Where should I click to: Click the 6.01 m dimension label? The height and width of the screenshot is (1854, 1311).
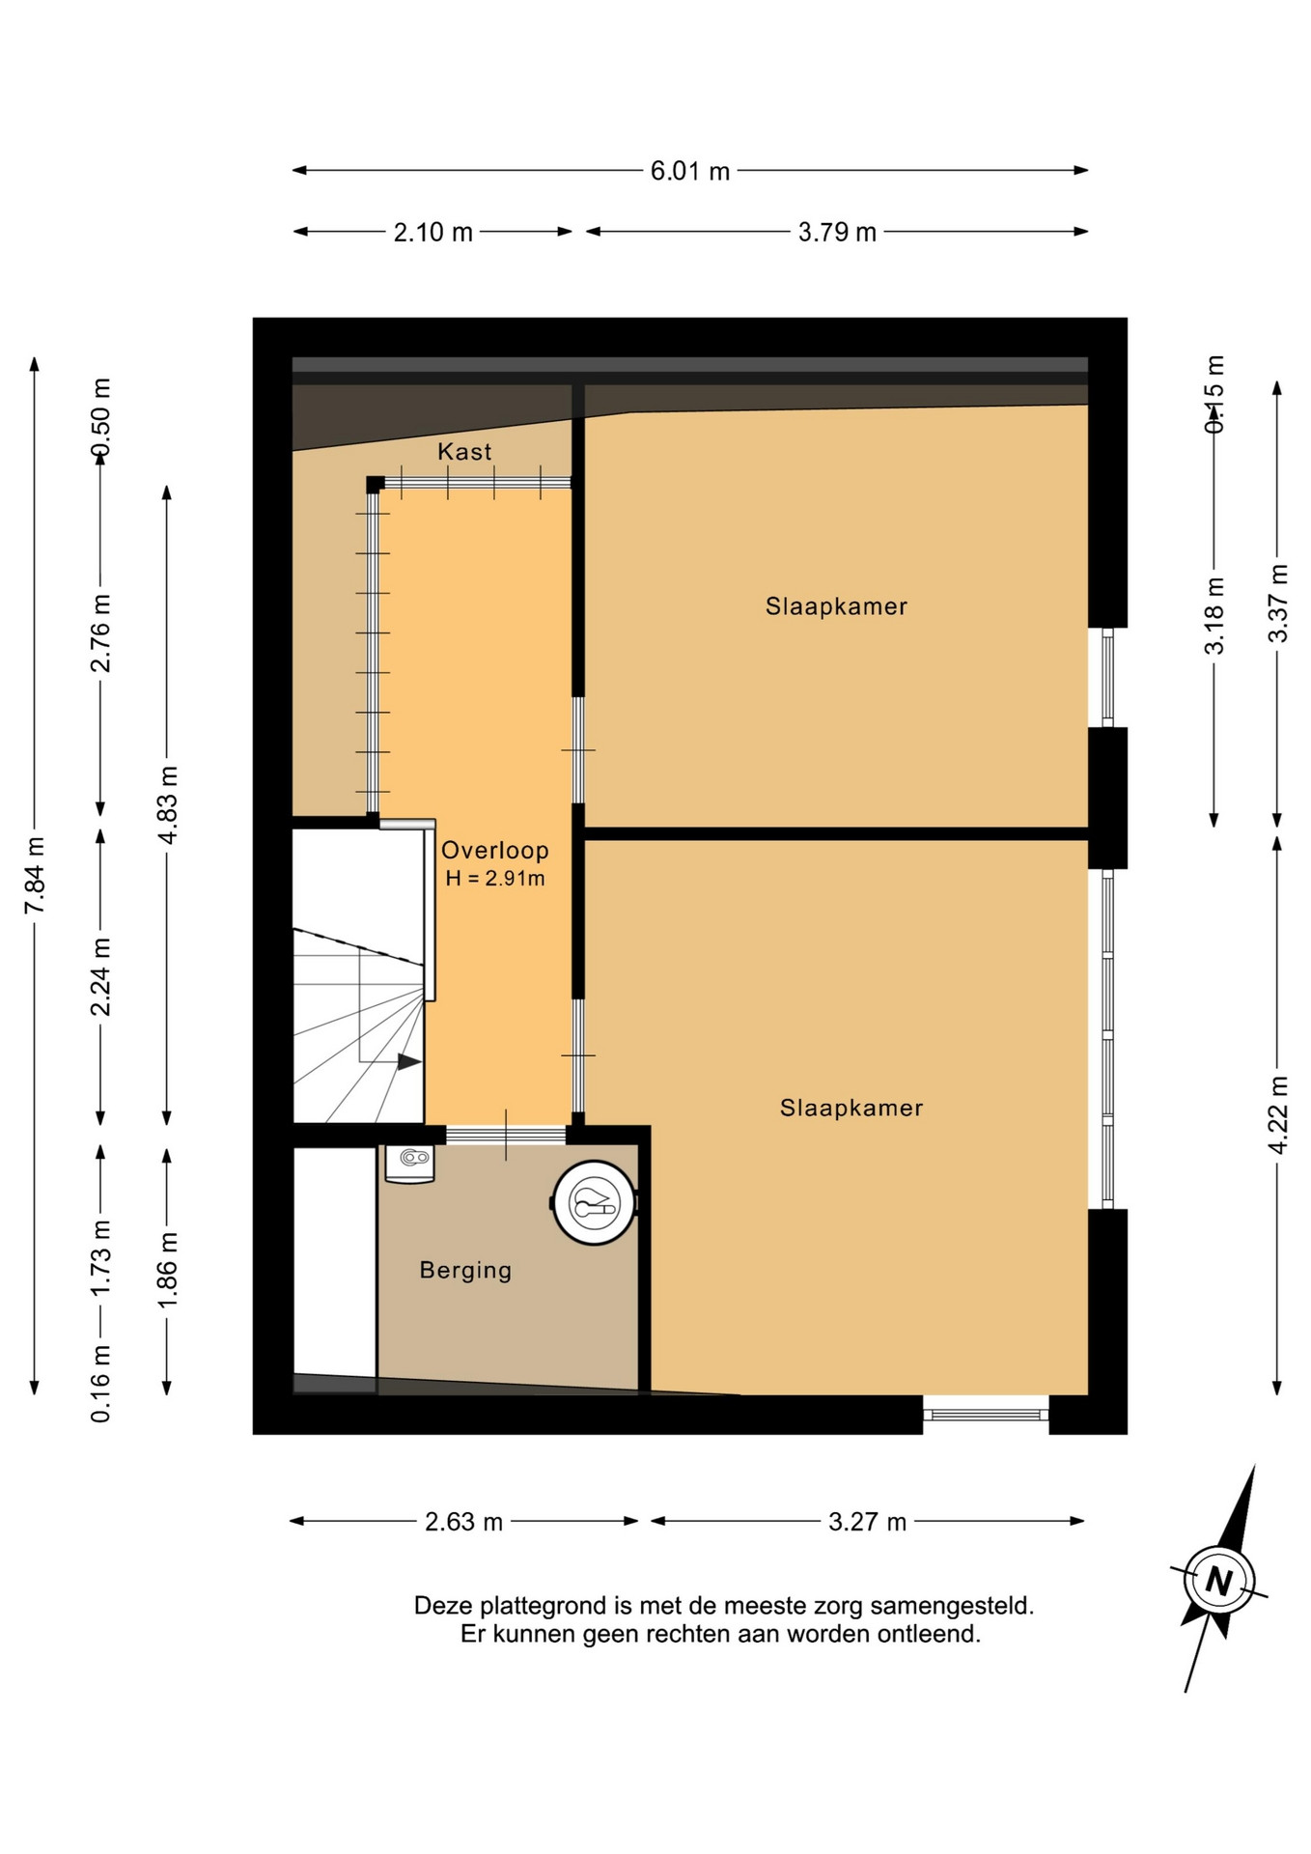(x=689, y=171)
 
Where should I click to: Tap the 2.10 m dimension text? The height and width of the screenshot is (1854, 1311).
(x=432, y=232)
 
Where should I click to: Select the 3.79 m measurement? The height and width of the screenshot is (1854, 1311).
(x=836, y=232)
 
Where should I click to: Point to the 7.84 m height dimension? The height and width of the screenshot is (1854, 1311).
(x=35, y=875)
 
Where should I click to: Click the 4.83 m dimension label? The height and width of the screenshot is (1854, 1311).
(x=167, y=804)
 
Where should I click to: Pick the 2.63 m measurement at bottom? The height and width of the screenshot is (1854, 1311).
(x=463, y=1522)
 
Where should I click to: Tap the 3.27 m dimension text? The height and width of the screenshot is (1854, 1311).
(x=867, y=1522)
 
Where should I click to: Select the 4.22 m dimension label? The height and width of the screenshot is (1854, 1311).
(x=1277, y=1114)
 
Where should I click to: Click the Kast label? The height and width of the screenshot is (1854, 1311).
(x=464, y=451)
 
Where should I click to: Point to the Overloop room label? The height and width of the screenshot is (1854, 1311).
(x=495, y=851)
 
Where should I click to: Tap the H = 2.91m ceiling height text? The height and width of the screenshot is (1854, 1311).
(x=495, y=879)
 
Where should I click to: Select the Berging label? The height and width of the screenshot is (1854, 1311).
(x=465, y=1270)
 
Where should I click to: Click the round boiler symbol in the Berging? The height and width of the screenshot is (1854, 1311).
(x=595, y=1202)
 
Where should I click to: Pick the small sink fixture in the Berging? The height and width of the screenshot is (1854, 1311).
(x=410, y=1163)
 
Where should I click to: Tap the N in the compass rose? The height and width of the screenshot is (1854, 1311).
(x=1219, y=1582)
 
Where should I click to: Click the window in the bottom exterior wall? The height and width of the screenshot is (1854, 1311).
(x=986, y=1415)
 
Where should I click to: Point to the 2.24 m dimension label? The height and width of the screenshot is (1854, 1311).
(x=100, y=976)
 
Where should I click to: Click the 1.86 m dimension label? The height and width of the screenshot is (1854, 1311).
(x=167, y=1270)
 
